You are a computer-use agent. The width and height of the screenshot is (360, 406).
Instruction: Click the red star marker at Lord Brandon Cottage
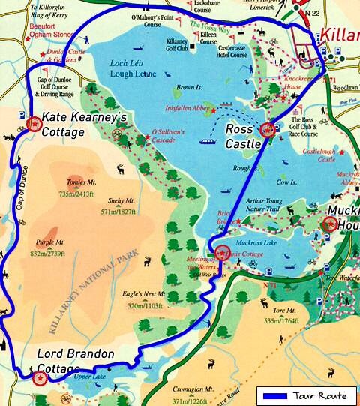[x=39, y=377]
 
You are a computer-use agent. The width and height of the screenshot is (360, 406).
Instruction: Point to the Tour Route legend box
[x=305, y=395]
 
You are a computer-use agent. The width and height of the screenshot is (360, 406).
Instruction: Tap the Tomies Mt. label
[x=81, y=187]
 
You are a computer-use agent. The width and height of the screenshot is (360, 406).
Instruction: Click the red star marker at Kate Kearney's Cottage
[x=32, y=124]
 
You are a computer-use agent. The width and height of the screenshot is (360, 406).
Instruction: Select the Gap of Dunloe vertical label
[x=20, y=188]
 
